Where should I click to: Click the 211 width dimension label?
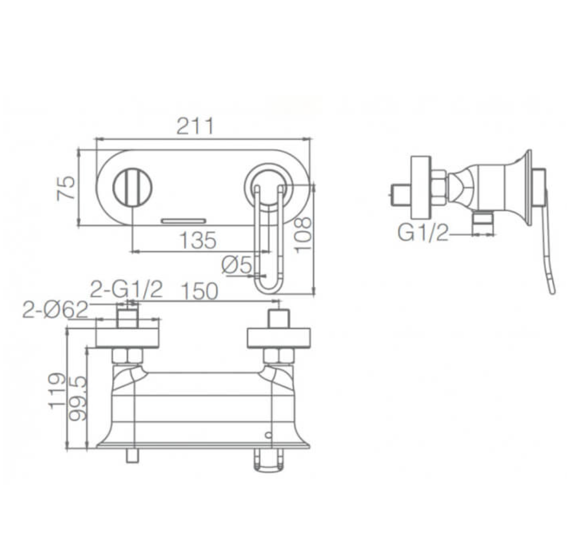click(x=195, y=126)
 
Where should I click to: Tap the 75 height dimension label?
click(x=66, y=188)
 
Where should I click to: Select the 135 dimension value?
click(x=198, y=240)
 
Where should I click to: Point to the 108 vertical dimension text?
click(x=303, y=235)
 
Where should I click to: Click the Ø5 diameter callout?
click(x=237, y=266)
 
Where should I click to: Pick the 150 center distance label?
click(x=199, y=291)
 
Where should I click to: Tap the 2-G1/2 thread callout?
click(x=126, y=289)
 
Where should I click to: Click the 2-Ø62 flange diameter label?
click(x=55, y=310)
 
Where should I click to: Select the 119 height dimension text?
click(x=58, y=391)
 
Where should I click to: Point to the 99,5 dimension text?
click(x=78, y=398)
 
